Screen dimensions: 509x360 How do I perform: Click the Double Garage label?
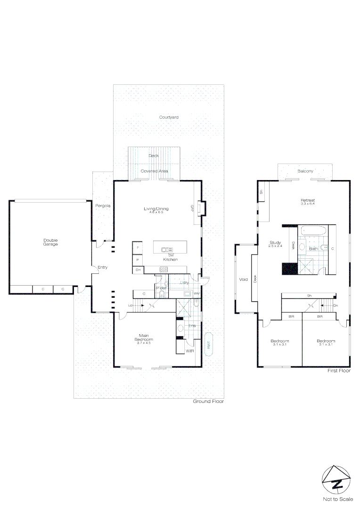pos(50,242)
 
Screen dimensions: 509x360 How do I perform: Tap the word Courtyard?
pos(168,117)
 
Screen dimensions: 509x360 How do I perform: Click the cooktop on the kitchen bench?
pos(164,270)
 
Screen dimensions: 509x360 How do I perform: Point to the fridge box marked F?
pos(138,247)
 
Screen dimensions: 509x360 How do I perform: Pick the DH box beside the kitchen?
pos(138,270)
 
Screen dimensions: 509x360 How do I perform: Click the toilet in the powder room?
pos(162,295)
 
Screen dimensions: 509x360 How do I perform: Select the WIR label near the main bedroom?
pos(190,351)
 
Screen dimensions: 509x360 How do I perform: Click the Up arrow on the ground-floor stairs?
pos(130,305)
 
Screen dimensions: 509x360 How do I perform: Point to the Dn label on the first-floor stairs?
pos(335,305)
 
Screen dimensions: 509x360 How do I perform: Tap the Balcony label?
pos(305,171)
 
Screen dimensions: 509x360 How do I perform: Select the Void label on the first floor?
pos(243,279)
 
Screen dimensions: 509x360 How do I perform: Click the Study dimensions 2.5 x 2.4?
pos(275,246)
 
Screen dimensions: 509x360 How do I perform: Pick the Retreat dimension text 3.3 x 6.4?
pos(308,204)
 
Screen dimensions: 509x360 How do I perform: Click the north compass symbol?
pos(337,481)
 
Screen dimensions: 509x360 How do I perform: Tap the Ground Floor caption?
pos(208,402)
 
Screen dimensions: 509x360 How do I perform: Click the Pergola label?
pos(103,205)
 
